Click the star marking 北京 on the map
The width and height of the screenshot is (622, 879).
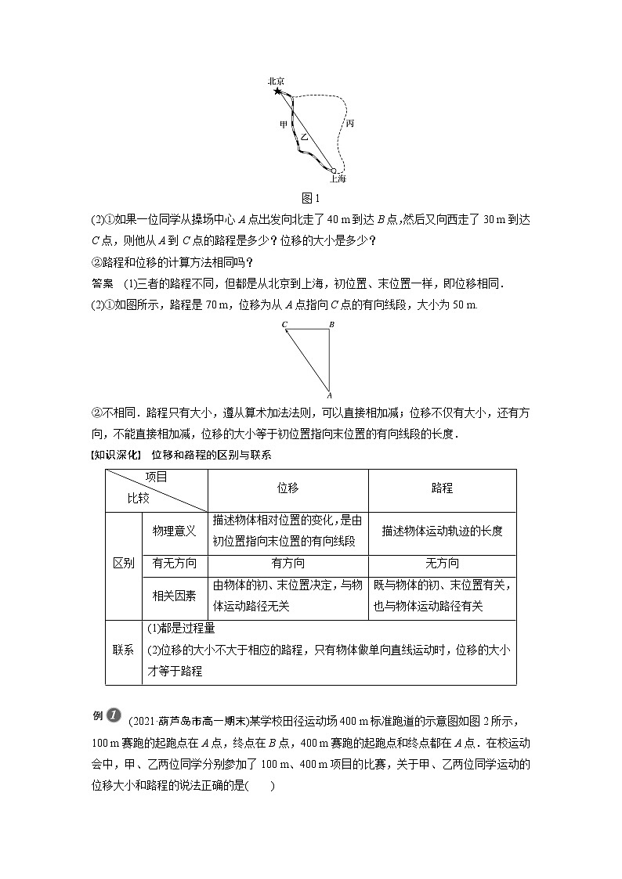click(x=277, y=92)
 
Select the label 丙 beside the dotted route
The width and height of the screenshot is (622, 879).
click(x=349, y=123)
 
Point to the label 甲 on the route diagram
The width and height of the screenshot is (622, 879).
click(x=283, y=124)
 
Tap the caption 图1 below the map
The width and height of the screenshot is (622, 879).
click(x=311, y=197)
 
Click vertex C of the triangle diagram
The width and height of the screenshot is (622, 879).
click(x=284, y=324)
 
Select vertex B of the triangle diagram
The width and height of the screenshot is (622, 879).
click(x=331, y=324)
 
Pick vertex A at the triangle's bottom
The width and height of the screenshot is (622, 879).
click(x=330, y=395)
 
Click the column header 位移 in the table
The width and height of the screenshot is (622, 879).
click(x=287, y=488)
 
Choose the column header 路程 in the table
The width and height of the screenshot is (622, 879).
click(x=442, y=488)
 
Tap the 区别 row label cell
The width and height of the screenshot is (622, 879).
click(x=124, y=564)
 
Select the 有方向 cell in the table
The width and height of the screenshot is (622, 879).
click(x=287, y=564)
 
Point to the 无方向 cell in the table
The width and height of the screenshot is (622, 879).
click(x=442, y=564)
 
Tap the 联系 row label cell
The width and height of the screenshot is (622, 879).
click(x=124, y=650)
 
